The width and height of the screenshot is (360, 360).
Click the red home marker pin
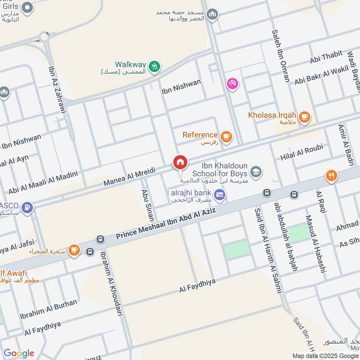(180, 162)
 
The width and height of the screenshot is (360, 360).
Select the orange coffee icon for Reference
(226, 136)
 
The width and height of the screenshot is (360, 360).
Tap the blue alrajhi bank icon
(220, 194)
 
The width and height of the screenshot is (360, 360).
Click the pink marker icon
(232, 84)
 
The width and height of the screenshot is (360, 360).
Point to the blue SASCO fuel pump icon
(27, 207)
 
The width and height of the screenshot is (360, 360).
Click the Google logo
(19, 353)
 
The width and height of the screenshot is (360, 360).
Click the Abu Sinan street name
(147, 205)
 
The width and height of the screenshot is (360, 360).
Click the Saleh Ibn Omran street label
(280, 56)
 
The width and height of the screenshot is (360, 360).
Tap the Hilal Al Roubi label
(301, 153)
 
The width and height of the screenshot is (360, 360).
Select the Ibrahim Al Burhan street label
(48, 309)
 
